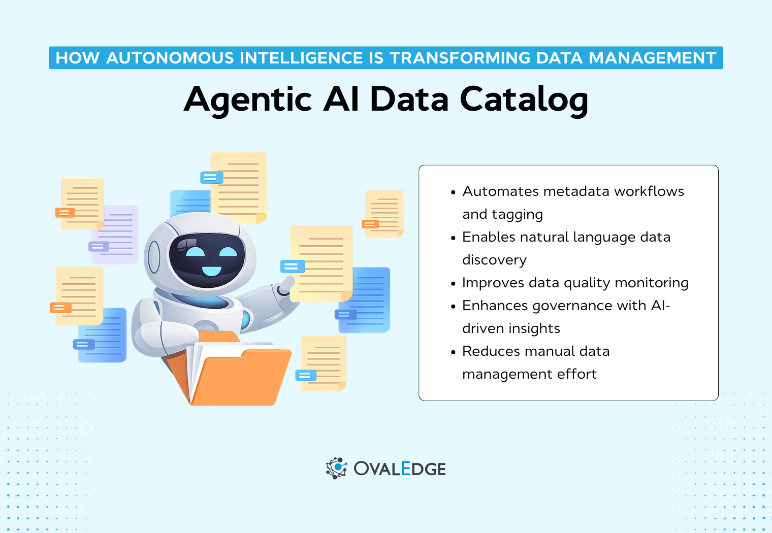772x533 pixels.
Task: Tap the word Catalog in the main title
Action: click(524, 99)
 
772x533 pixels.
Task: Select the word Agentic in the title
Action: click(248, 99)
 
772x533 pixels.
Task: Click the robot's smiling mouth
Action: click(211, 271)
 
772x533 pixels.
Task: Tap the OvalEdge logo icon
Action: click(336, 468)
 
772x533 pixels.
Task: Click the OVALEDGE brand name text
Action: click(400, 469)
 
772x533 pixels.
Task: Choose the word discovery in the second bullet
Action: click(494, 260)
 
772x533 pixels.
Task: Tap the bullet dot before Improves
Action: click(453, 284)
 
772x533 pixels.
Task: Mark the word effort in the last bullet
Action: click(576, 374)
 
